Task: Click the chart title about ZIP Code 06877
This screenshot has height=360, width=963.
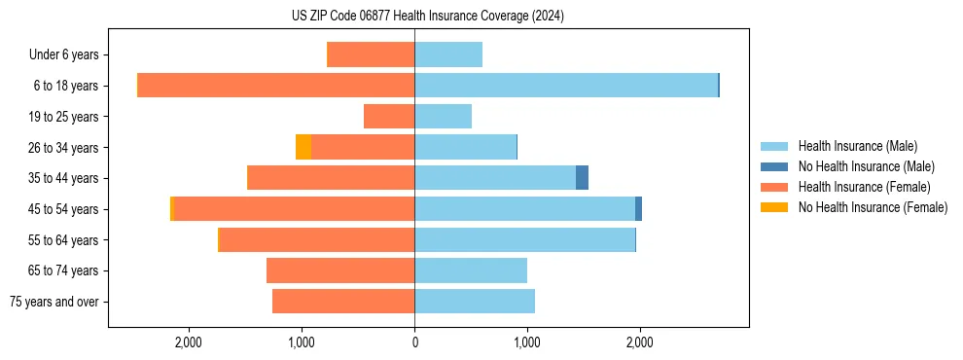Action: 427,16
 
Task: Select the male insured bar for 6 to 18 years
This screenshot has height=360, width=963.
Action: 566,86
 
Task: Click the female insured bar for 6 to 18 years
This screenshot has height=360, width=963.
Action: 276,86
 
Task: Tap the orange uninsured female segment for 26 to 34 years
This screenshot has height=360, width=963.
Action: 303,147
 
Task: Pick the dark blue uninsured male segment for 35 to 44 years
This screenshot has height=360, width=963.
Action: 582,178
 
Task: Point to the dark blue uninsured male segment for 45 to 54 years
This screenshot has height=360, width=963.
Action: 638,208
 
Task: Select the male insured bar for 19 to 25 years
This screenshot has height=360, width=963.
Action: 444,117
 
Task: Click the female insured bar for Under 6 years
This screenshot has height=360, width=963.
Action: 372,54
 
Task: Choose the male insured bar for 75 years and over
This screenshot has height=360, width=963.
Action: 475,302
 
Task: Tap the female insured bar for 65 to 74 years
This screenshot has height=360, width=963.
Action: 340,270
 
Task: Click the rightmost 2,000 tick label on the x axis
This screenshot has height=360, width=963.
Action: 639,342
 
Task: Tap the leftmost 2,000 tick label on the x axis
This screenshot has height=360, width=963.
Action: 188,342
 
